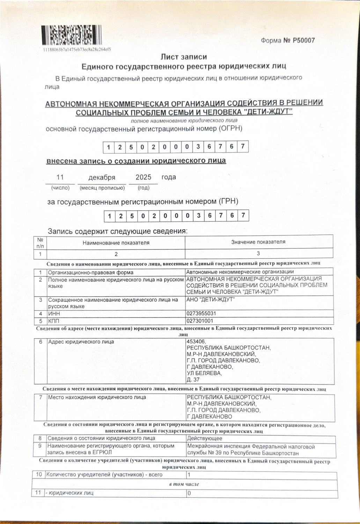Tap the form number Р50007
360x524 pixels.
click(288, 40)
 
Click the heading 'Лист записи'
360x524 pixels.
click(184, 57)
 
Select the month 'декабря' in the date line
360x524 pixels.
click(102, 177)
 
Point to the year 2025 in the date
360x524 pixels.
click(143, 177)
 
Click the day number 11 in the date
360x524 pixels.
click(60, 177)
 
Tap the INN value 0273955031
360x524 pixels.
click(201, 314)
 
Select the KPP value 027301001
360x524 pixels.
click(200, 321)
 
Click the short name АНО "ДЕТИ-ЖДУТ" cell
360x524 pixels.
click(211, 300)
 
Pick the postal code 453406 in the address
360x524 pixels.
click(196, 342)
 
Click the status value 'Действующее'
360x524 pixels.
click(205, 438)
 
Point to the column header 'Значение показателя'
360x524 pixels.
click(258, 242)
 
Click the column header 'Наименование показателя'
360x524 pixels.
click(116, 242)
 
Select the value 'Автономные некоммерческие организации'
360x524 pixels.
click(240, 272)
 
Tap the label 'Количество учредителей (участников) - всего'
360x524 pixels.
click(104, 475)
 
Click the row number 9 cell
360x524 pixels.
click(40, 446)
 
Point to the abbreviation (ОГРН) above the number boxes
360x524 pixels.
click(230, 129)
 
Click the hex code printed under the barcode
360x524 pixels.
click(77, 50)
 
